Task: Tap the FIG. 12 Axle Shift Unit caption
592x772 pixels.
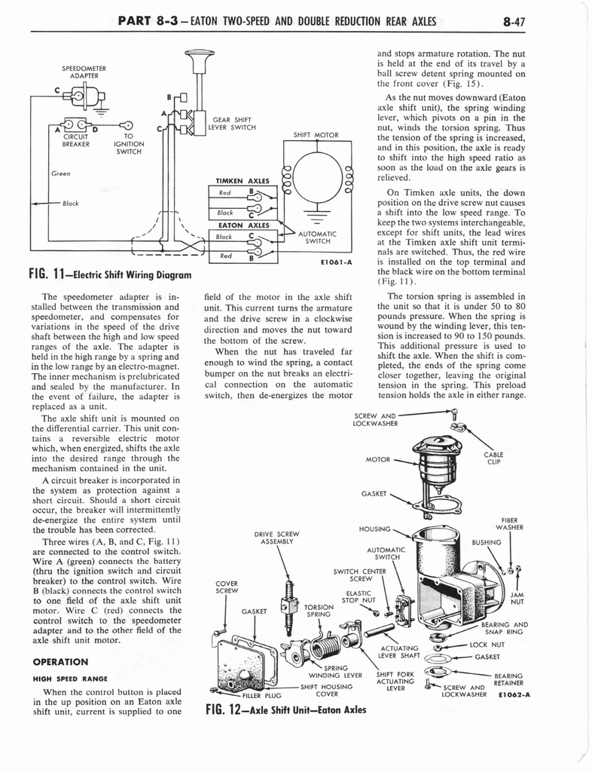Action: pos(285,709)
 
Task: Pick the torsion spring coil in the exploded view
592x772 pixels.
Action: pos(325,647)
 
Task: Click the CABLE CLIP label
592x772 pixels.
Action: pos(494,459)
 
